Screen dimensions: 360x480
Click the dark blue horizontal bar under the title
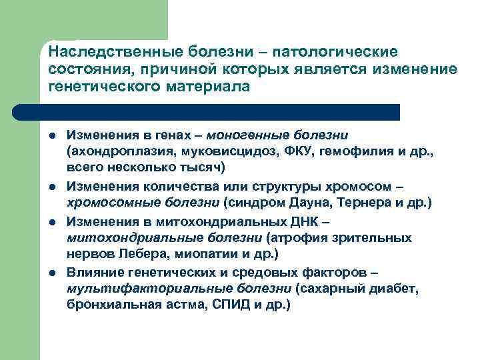[220, 112]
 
